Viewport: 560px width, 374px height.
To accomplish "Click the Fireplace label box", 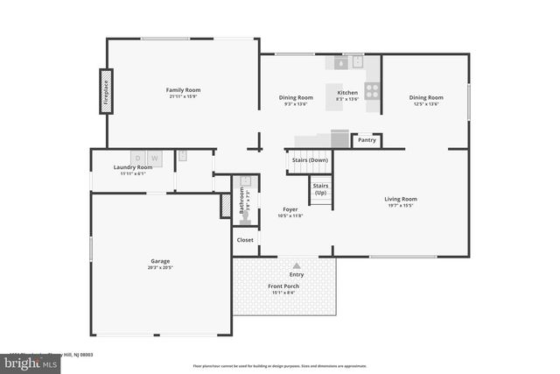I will pyautogui.click(x=106, y=93).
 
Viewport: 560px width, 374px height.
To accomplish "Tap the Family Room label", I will pyautogui.click(x=184, y=90).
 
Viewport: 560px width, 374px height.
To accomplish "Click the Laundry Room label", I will pyautogui.click(x=132, y=167).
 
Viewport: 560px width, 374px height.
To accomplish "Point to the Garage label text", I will pyautogui.click(x=160, y=260).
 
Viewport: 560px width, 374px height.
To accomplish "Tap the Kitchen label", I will pyautogui.click(x=347, y=93).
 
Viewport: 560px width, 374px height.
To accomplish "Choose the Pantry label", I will pyautogui.click(x=367, y=139).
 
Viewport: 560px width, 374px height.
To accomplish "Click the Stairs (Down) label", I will pyautogui.click(x=310, y=160).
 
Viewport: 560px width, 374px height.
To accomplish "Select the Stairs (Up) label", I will pyautogui.click(x=320, y=189).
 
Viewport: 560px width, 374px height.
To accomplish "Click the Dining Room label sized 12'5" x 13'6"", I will pyautogui.click(x=426, y=97).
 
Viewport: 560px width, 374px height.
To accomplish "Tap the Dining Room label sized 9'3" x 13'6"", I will pyautogui.click(x=296, y=97).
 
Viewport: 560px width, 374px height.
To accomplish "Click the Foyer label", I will pyautogui.click(x=290, y=209).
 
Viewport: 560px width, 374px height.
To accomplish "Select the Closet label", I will pyautogui.click(x=245, y=239).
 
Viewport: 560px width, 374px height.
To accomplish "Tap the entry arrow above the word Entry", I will pyautogui.click(x=296, y=265).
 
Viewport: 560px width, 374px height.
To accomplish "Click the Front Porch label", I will pyautogui.click(x=283, y=286).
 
